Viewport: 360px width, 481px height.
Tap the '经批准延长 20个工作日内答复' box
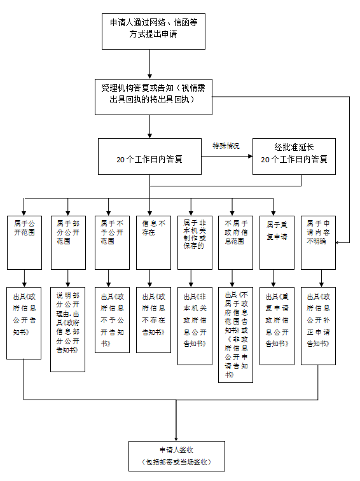294,156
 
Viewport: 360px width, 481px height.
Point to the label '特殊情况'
226,146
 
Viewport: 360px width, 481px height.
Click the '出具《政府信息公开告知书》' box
24,323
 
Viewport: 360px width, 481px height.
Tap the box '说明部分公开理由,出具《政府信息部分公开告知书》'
67,328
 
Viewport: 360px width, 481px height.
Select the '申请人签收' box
176,456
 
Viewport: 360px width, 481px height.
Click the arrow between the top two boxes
149,64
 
